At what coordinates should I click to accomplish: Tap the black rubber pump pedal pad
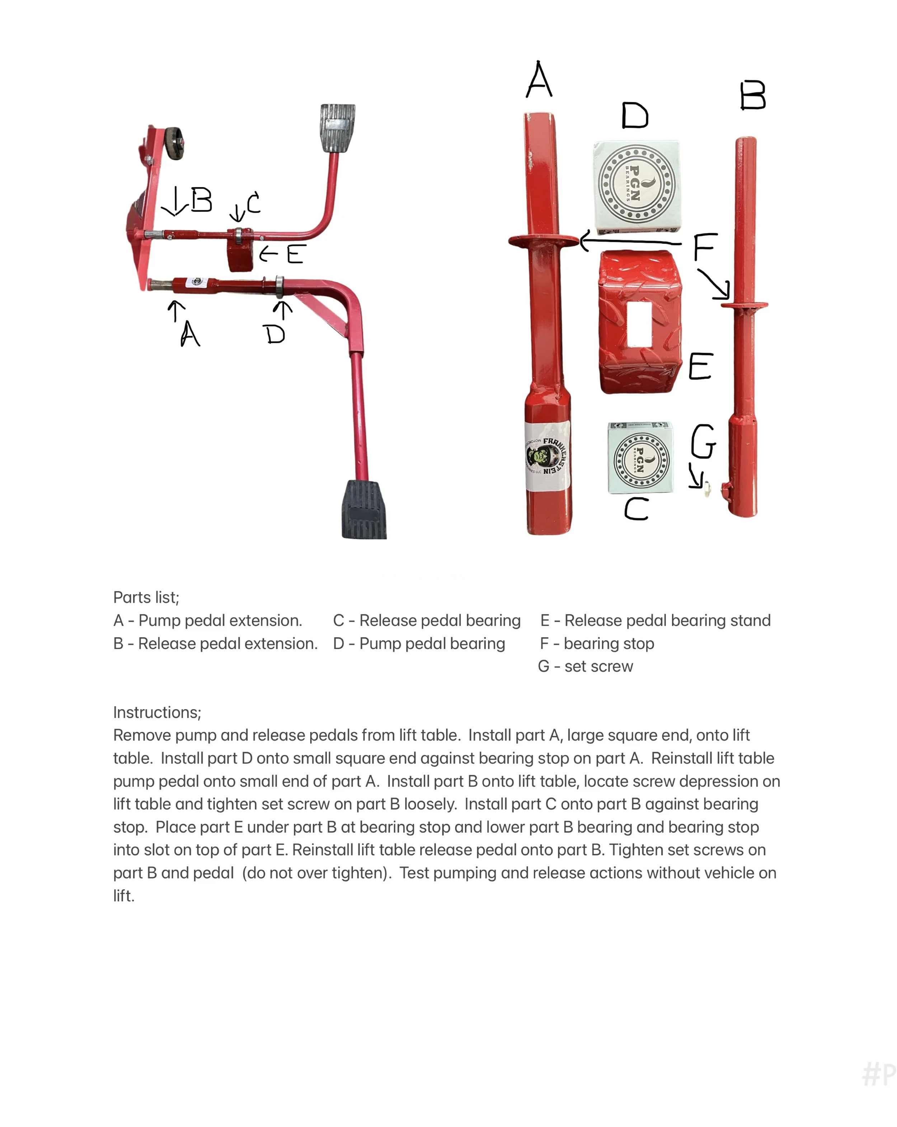point(364,509)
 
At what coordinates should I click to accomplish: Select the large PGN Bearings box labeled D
point(637,186)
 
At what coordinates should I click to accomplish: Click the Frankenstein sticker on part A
point(547,455)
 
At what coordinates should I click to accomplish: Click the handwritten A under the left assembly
point(190,333)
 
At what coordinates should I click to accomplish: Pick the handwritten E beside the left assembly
point(295,254)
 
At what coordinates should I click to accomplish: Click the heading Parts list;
point(146,597)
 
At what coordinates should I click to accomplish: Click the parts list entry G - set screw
point(586,667)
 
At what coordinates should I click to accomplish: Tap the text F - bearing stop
point(597,643)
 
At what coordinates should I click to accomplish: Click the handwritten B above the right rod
point(753,96)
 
